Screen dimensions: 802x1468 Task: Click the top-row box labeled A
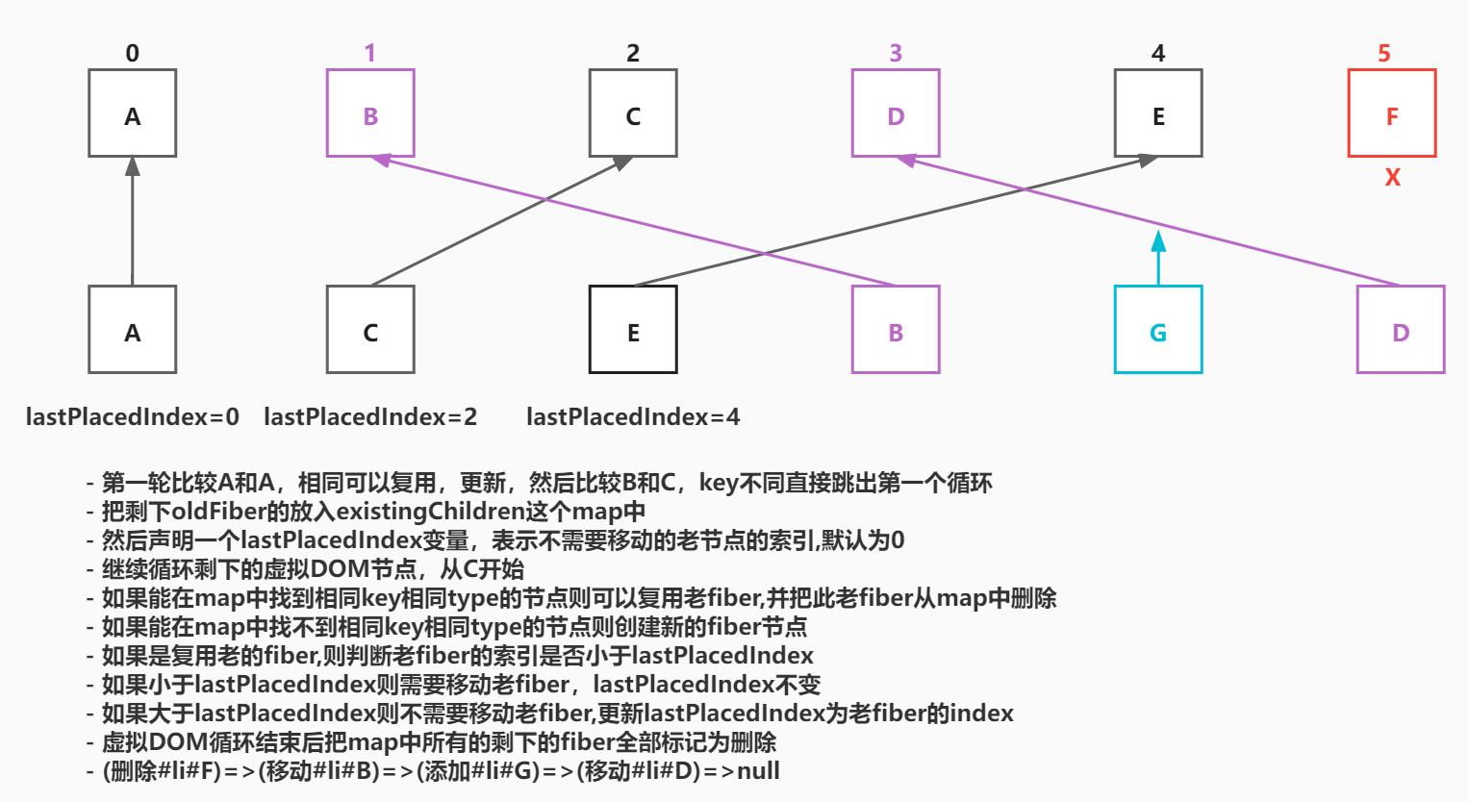133,113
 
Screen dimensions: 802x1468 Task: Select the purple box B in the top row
370,113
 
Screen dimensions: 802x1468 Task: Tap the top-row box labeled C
633,113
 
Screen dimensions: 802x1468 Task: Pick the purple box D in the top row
896,113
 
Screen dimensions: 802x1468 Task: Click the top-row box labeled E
1158,113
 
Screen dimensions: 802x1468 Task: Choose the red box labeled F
1392,113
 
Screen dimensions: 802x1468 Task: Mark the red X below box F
1392,177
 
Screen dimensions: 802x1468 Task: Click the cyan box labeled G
1158,330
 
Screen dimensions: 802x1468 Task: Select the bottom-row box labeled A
133,330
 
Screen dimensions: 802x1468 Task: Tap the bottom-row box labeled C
370,330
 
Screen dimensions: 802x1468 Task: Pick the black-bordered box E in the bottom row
633,330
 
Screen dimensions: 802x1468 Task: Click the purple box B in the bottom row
896,330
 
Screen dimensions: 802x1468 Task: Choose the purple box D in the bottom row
1401,330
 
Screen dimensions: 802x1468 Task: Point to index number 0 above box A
133,54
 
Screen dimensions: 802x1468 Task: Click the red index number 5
1384,54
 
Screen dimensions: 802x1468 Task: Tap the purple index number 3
896,54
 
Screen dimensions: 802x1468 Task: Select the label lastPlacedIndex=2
370,416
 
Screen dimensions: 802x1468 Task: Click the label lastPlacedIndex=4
633,416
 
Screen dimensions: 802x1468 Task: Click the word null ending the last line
758,771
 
